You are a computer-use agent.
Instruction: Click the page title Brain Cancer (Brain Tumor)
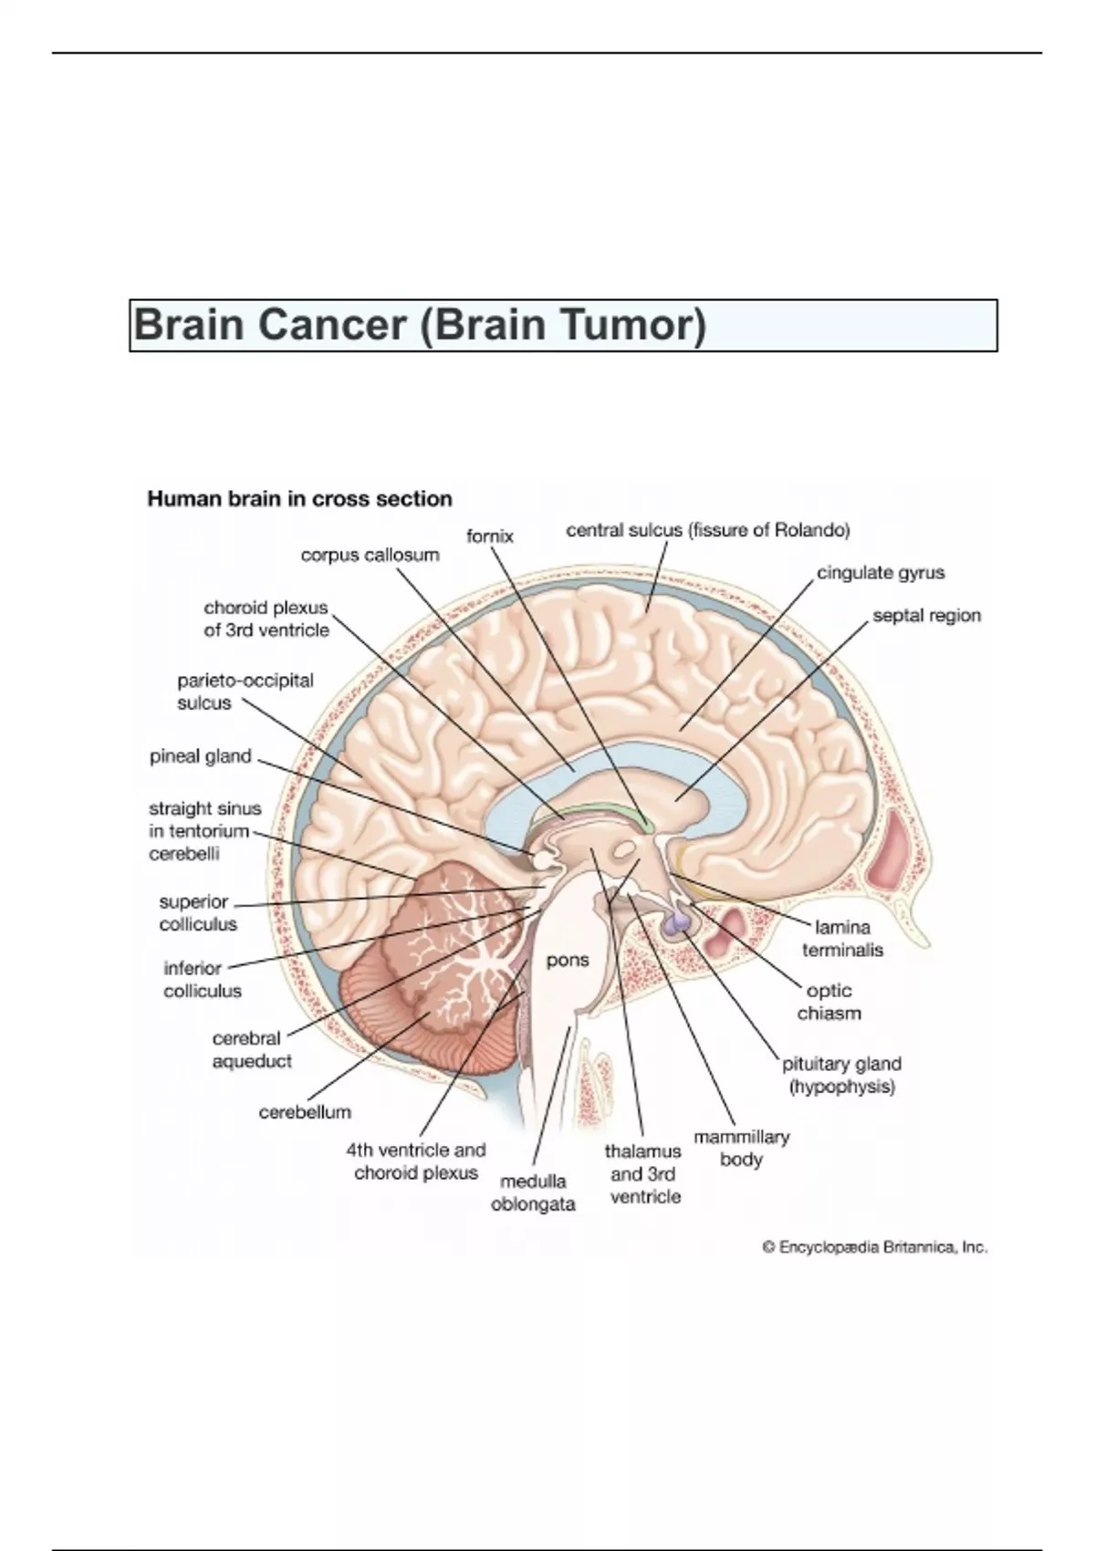point(420,325)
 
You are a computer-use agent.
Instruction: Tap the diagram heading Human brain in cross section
point(299,498)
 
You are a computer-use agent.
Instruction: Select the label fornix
point(489,536)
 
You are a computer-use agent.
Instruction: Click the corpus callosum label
point(370,556)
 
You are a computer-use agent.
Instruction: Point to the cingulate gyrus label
point(881,573)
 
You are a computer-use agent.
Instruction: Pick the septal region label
point(926,616)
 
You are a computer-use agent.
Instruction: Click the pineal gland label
point(200,756)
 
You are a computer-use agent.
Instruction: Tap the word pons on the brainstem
point(568,961)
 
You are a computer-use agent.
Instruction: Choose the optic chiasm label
point(829,1002)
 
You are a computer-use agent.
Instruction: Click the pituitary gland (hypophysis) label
point(841,1076)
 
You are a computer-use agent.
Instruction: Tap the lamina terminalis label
point(842,938)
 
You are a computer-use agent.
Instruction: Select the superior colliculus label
point(198,912)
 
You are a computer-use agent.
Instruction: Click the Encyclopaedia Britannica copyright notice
point(874,1247)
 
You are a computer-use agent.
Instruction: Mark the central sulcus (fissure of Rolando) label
point(708,530)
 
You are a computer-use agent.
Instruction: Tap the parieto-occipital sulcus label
point(245,692)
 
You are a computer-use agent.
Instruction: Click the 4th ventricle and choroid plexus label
point(415,1161)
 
